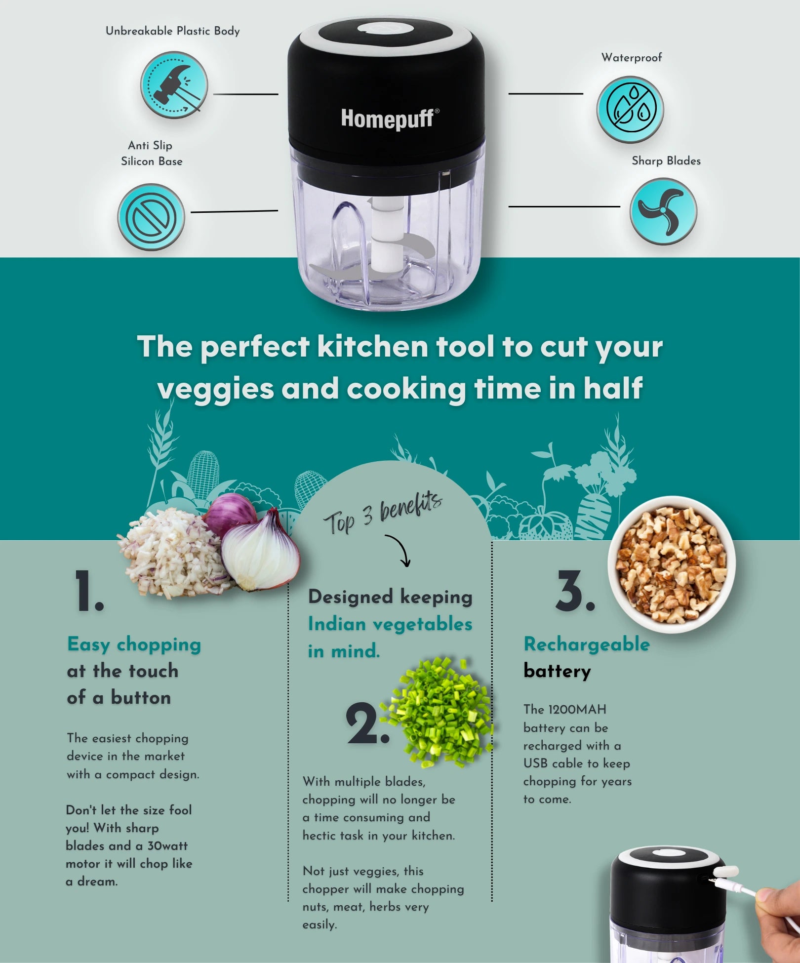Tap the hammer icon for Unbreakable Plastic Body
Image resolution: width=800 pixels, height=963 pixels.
coord(174,85)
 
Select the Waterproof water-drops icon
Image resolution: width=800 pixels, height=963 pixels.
coord(630,110)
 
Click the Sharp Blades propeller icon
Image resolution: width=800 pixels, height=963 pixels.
coord(663,211)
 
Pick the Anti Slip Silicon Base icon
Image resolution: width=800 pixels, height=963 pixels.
coord(151,217)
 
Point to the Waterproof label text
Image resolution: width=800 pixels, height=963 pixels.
coord(632,58)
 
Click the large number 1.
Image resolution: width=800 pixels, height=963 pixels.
coord(89,591)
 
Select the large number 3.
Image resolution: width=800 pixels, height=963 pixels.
coord(575,591)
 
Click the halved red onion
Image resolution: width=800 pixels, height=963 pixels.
coord(260,550)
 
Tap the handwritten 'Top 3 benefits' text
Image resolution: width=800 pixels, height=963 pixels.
coord(383,514)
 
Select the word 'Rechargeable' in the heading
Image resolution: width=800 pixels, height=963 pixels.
coord(587,644)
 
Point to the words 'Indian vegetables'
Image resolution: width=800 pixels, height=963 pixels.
coord(390,624)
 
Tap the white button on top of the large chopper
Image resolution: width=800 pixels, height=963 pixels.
coord(385,29)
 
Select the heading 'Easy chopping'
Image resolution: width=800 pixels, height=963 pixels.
coord(134,645)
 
